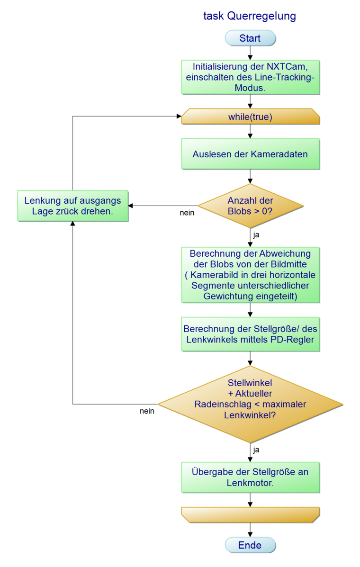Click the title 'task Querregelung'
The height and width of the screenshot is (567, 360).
pos(250,16)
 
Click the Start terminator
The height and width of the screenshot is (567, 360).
pos(250,38)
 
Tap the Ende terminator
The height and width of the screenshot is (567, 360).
pos(250,545)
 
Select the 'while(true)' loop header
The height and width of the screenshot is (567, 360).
pos(250,117)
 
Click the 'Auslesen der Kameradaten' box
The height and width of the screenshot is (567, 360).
pos(250,154)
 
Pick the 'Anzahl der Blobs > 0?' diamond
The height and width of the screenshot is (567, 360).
pos(250,206)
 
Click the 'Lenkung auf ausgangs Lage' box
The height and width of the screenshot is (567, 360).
pos(72,206)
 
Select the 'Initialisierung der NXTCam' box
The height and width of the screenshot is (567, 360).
pos(250,77)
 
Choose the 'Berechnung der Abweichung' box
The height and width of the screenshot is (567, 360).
pos(250,274)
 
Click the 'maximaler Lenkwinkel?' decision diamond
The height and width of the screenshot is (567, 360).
pos(250,404)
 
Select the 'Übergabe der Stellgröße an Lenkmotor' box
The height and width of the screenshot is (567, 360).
pos(250,477)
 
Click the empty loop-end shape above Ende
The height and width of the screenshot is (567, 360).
pos(250,515)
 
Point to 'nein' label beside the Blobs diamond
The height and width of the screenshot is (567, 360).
pos(187,213)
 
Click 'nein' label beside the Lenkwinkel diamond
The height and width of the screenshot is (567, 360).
pos(147,411)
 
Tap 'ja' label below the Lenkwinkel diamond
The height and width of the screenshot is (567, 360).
pos(256,450)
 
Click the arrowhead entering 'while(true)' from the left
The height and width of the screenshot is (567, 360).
pos(179,117)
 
